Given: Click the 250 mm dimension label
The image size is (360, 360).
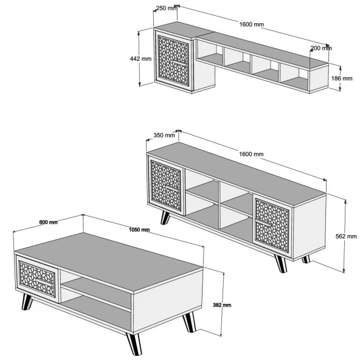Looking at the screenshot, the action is (x=167, y=9).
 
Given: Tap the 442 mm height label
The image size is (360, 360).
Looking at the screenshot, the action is (x=140, y=59).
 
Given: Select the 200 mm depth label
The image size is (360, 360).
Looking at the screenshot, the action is (x=321, y=48).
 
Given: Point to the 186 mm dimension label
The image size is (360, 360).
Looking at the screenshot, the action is (x=342, y=78).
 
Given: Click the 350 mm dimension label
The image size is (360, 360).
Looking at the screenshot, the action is (x=164, y=136).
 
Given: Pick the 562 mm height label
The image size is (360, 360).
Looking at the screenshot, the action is (x=346, y=236).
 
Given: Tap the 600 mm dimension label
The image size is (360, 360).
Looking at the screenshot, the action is (x=49, y=222).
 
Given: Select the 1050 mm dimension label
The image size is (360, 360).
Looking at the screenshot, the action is (x=139, y=230).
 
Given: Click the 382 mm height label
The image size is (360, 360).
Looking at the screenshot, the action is (x=222, y=305).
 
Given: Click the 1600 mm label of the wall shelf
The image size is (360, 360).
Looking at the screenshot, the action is (x=252, y=24).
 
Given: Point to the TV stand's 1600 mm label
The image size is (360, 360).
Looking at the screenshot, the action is (x=251, y=154).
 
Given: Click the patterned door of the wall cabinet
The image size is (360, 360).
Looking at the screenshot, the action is (x=173, y=61).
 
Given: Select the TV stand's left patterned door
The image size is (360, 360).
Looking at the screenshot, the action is (x=166, y=185).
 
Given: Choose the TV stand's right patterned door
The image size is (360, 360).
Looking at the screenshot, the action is (x=272, y=226).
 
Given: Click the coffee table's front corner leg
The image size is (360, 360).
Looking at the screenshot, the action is (x=134, y=344).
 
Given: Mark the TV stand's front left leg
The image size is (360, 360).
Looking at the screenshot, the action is (x=165, y=218).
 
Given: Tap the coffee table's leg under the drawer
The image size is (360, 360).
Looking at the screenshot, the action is (x=27, y=302).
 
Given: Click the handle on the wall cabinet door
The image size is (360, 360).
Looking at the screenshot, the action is (x=180, y=63).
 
